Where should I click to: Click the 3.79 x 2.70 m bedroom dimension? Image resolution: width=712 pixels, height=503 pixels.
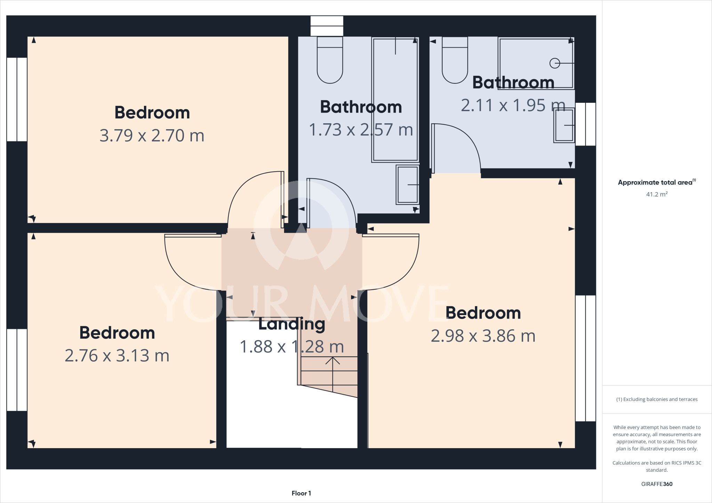(x=152, y=135)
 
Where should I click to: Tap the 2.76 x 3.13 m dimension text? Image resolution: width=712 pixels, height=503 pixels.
(x=117, y=356)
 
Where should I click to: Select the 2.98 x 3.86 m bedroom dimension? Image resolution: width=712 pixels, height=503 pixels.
(x=483, y=336)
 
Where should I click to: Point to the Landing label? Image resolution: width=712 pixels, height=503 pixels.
(x=292, y=324)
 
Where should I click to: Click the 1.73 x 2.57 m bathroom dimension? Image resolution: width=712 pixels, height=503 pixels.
(x=361, y=130)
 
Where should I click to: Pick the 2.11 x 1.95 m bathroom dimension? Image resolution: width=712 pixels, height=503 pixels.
(x=513, y=105)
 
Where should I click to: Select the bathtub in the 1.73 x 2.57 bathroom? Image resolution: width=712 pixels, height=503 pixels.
(x=395, y=100)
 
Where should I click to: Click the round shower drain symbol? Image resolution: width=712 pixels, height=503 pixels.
(x=555, y=63)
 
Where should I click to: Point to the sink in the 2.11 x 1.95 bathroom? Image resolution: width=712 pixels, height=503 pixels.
(x=564, y=125)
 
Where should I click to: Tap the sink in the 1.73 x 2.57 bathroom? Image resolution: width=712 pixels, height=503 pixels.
(x=407, y=184)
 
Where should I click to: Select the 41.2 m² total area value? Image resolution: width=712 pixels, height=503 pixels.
(x=657, y=194)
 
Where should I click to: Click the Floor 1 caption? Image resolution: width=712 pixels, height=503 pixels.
(x=301, y=493)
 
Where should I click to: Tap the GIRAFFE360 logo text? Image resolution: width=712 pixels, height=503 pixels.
(x=657, y=484)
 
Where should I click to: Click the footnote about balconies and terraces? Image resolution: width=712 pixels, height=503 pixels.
(x=657, y=399)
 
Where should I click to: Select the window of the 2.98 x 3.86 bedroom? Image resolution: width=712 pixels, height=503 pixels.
(x=585, y=358)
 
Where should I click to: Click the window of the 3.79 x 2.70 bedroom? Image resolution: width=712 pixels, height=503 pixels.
(x=17, y=99)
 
